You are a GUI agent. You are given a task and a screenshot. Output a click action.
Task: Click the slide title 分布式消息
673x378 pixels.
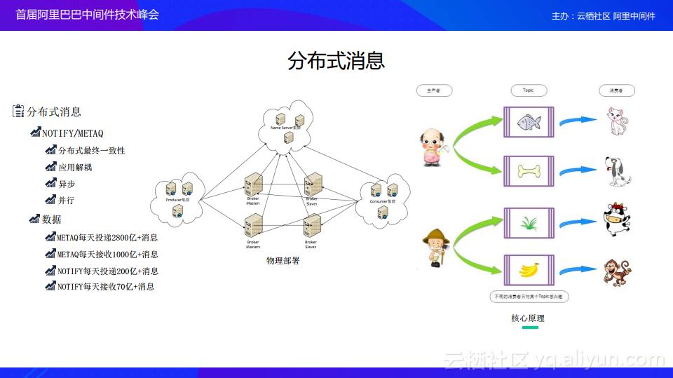pyautogui.click(x=336, y=60)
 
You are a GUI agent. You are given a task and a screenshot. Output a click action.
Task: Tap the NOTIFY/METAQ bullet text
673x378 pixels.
pyautogui.click(x=72, y=133)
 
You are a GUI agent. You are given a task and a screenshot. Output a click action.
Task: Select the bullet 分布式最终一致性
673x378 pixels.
pyautogui.click(x=91, y=150)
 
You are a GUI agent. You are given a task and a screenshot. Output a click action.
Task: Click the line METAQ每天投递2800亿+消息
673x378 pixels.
pyautogui.click(x=107, y=237)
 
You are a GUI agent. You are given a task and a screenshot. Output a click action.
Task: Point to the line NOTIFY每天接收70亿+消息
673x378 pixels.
pyautogui.click(x=105, y=286)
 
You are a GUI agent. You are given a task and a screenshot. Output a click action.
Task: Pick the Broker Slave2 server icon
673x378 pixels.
pyautogui.click(x=311, y=226)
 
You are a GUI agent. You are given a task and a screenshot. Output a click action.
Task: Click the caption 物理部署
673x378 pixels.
pyautogui.click(x=283, y=261)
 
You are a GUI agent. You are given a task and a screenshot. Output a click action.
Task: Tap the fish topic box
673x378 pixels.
pyautogui.click(x=529, y=122)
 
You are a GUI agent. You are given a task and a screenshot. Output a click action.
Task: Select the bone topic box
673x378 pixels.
pyautogui.click(x=529, y=170)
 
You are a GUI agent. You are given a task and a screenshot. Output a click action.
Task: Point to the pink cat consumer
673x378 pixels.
pyautogui.click(x=617, y=122)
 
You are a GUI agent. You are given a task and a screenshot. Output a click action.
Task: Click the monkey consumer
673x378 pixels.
pyautogui.click(x=616, y=272)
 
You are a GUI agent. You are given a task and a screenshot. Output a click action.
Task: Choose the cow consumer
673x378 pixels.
pyautogui.click(x=616, y=220)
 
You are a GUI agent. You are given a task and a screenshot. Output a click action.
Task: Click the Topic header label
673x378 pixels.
pyautogui.click(x=528, y=90)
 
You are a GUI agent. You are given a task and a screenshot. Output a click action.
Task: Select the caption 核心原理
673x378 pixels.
pyautogui.click(x=528, y=318)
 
